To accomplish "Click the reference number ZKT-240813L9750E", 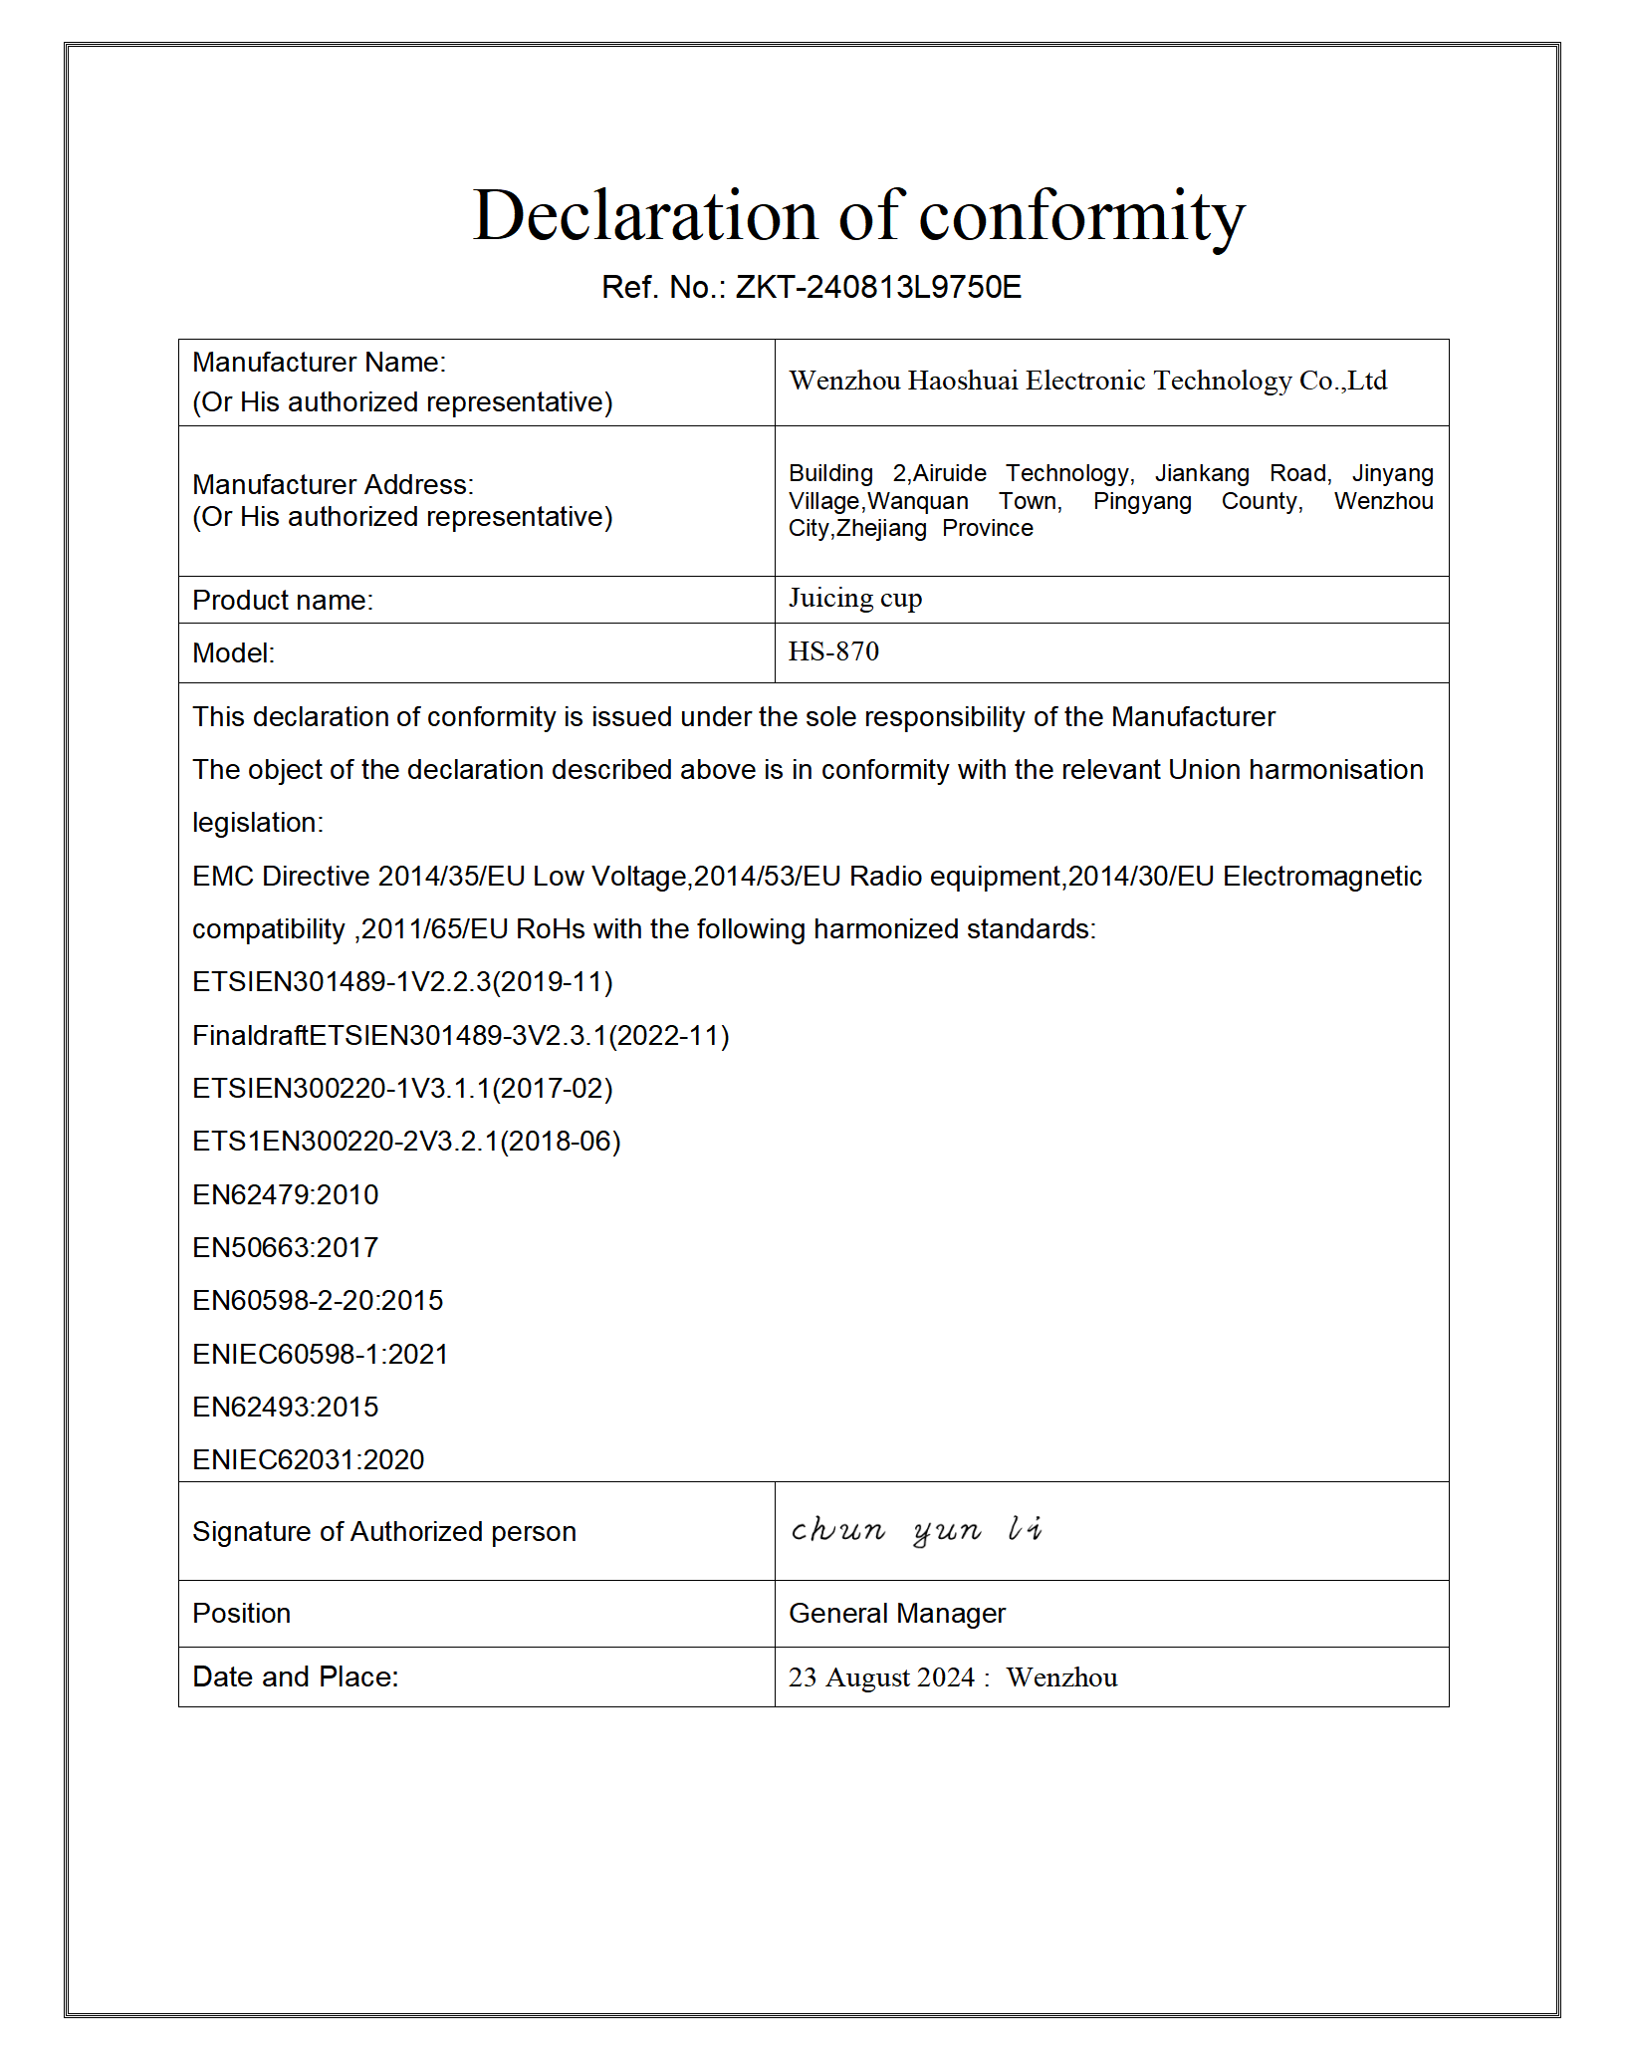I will point(877,287).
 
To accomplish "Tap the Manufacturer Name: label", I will point(319,363).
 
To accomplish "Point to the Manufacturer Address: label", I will point(333,485).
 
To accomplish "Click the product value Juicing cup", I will point(855,598).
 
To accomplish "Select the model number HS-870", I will point(833,651).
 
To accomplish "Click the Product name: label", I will point(283,601).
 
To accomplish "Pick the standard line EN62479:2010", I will point(285,1194).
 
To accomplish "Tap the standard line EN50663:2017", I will point(285,1247).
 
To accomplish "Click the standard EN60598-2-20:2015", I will point(318,1300).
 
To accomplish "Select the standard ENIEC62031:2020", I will point(308,1459).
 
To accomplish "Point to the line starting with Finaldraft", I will point(460,1035).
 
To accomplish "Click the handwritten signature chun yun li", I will point(916,1529).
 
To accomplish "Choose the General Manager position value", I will point(896,1613).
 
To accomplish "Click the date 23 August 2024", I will point(881,1677).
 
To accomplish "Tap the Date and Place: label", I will point(295,1677).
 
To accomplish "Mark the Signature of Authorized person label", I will point(383,1531).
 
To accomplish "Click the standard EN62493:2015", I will point(285,1407).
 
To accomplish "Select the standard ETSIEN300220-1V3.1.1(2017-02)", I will point(402,1088).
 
